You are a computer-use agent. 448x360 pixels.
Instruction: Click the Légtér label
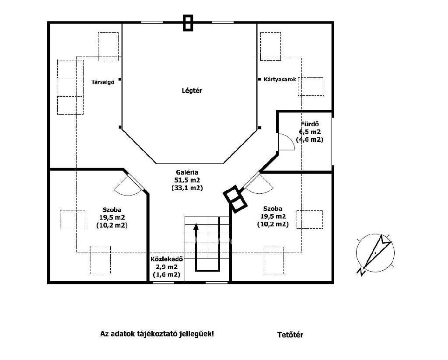[192, 91]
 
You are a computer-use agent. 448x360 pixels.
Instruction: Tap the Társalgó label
[103, 82]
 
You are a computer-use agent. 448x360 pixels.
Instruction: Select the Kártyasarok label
[280, 80]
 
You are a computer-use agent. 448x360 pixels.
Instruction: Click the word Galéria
[187, 173]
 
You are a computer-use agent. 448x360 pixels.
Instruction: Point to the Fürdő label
[310, 124]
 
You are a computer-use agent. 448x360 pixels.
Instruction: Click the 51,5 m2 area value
[187, 180]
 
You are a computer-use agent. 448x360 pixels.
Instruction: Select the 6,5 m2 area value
[310, 132]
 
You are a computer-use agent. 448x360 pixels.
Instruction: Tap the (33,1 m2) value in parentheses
[187, 188]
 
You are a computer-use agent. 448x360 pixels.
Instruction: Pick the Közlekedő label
[167, 259]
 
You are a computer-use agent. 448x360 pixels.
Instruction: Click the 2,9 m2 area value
[167, 267]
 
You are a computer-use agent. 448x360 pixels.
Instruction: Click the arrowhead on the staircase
[196, 227]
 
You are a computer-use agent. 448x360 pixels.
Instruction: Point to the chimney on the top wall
[188, 23]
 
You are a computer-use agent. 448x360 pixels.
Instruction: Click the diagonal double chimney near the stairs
[235, 199]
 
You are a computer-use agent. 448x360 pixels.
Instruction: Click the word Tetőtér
[290, 335]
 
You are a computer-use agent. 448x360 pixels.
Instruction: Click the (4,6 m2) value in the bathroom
[310, 140]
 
